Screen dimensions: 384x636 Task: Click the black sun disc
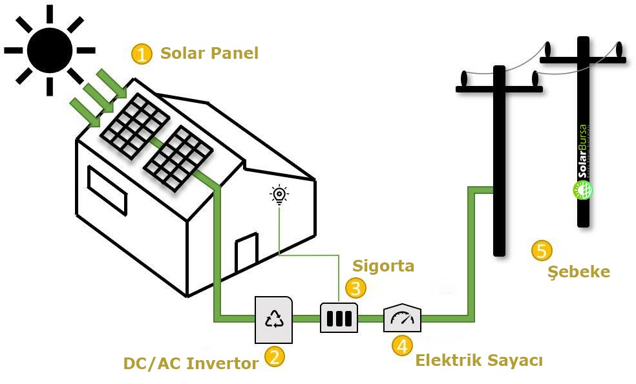[x=49, y=50]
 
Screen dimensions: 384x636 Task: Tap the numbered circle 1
[x=141, y=54]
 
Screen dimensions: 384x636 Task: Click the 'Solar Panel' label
[x=209, y=53]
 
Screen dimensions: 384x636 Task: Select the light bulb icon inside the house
[x=279, y=194]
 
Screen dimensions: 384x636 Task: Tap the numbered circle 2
[x=275, y=357]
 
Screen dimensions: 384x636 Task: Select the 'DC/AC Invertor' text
[x=191, y=363]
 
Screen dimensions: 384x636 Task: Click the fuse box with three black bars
[x=339, y=318]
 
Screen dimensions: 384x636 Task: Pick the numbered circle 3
[x=355, y=288]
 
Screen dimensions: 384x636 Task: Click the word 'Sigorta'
[x=383, y=266]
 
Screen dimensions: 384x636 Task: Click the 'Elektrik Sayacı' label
[x=478, y=360]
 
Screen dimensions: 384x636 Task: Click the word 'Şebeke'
[x=578, y=272]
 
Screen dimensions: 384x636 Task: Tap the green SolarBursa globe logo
[x=583, y=190]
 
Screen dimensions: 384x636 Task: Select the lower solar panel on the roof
[x=178, y=159]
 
